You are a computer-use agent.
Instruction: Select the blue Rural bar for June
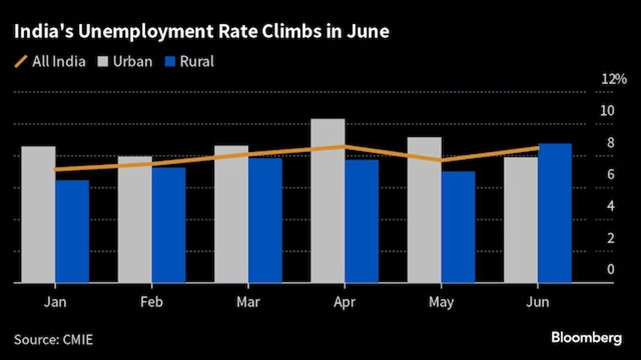coord(554,214)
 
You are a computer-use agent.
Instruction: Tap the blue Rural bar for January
coord(72,231)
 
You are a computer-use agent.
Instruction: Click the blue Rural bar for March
coord(265,220)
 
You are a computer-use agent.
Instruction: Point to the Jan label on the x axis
coord(54,302)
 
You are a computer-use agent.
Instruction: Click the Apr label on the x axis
coord(344,302)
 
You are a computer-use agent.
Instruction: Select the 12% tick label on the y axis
coord(614,79)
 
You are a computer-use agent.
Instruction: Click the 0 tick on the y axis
coord(611,269)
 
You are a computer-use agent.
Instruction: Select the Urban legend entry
coord(125,62)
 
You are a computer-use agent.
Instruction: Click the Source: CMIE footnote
coord(53,340)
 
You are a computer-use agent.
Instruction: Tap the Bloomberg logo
coord(586,338)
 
